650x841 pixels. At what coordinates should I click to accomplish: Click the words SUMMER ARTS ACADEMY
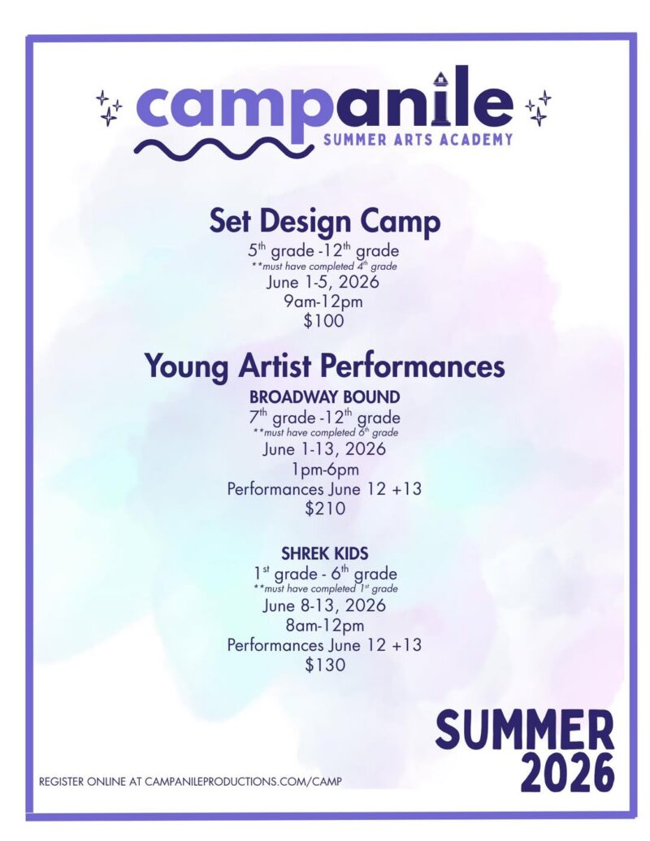pyautogui.click(x=418, y=140)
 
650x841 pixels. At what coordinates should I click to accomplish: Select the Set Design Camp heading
pyautogui.click(x=324, y=221)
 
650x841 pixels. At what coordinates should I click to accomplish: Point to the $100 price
pyautogui.click(x=323, y=321)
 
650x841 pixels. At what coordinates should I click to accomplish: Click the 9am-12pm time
pyautogui.click(x=323, y=301)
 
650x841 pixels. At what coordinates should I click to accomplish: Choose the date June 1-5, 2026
pyautogui.click(x=323, y=282)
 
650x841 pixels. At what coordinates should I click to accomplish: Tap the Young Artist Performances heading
pyautogui.click(x=325, y=366)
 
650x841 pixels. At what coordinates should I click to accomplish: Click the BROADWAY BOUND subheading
pyautogui.click(x=325, y=397)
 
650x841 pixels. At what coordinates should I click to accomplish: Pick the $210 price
pyautogui.click(x=325, y=508)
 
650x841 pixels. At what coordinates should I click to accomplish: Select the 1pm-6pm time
pyautogui.click(x=325, y=470)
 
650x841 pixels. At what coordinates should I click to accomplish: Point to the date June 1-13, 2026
pyautogui.click(x=324, y=449)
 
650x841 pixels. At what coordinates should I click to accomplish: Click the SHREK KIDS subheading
pyautogui.click(x=325, y=553)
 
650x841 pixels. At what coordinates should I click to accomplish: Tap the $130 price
pyautogui.click(x=325, y=665)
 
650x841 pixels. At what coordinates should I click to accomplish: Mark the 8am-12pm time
pyautogui.click(x=325, y=626)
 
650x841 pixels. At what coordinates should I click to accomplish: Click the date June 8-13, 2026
pyautogui.click(x=324, y=605)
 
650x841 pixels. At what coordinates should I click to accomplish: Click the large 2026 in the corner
pyautogui.click(x=567, y=773)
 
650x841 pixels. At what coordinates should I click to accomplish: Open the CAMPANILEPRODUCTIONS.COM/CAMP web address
pyautogui.click(x=243, y=782)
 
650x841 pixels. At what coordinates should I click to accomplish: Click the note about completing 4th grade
pyautogui.click(x=324, y=266)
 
